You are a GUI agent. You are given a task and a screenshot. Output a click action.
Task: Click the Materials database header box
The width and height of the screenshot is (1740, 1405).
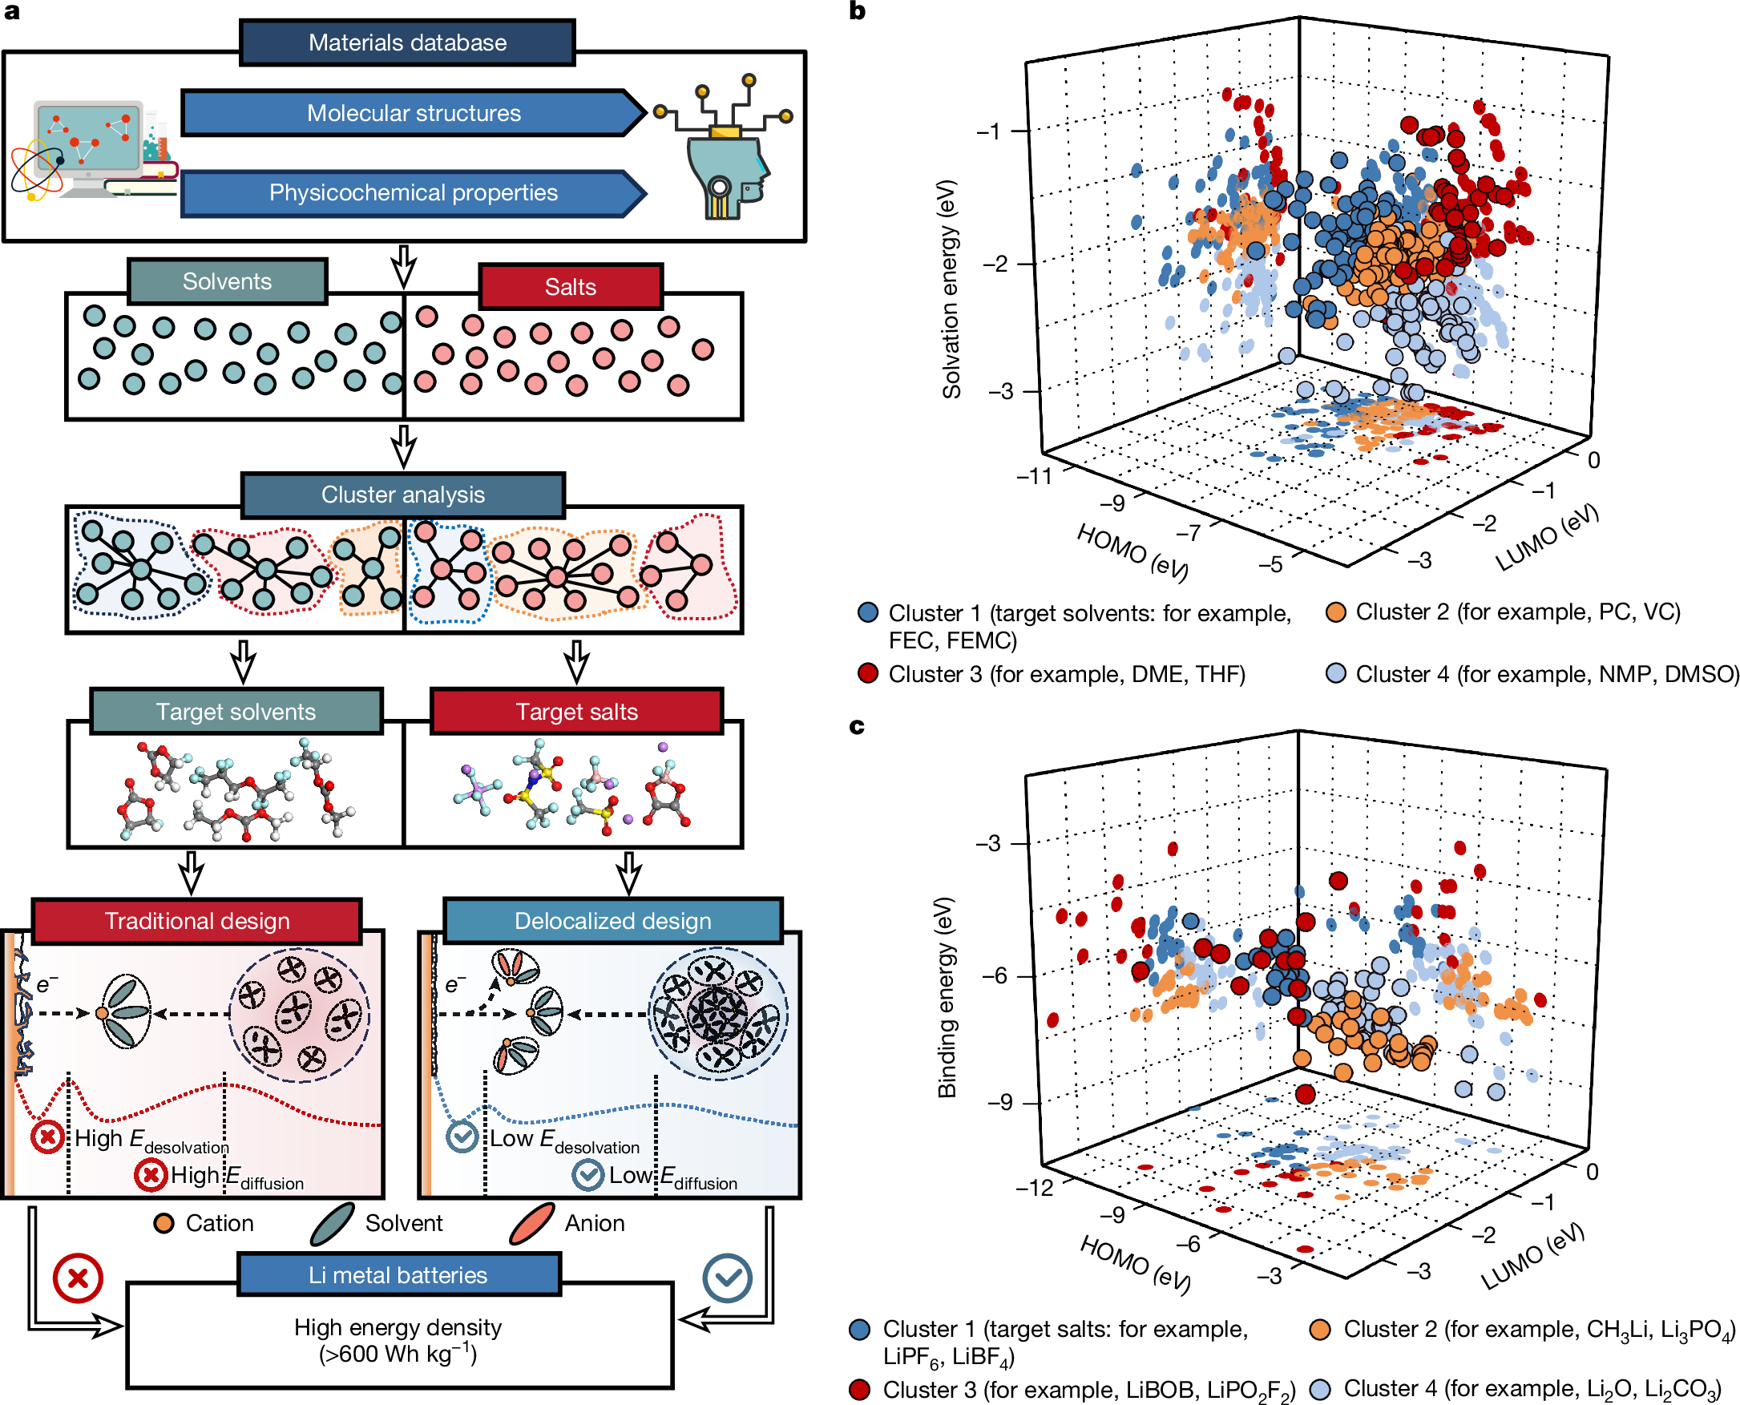(407, 43)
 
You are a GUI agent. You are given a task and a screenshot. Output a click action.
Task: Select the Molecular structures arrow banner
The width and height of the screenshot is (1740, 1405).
(413, 112)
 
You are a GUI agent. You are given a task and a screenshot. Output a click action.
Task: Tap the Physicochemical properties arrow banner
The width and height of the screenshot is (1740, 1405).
(413, 192)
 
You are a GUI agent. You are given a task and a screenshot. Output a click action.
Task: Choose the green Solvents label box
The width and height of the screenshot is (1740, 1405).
(227, 281)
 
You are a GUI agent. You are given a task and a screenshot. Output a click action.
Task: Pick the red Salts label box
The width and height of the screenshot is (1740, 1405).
(571, 286)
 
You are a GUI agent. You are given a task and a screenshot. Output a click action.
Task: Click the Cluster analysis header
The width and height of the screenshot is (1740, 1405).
(402, 495)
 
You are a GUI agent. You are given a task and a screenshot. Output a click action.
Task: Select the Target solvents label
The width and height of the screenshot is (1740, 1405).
(236, 712)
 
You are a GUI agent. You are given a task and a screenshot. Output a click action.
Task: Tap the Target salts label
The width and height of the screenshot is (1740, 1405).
(576, 712)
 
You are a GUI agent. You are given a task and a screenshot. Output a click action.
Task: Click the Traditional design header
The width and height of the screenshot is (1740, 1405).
(196, 921)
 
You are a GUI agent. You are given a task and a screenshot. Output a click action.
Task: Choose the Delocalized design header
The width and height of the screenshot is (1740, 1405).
(612, 921)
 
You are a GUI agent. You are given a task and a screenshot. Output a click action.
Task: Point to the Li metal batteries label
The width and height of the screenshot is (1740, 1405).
(398, 1274)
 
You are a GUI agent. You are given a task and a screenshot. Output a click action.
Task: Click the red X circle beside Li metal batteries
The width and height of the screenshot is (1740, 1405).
(78, 1278)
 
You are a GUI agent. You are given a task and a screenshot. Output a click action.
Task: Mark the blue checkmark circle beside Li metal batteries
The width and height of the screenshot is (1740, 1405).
(727, 1278)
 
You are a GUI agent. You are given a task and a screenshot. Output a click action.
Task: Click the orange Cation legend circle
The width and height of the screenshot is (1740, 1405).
(164, 1223)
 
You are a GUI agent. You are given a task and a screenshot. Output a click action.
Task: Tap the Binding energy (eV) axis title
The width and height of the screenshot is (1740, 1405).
(946, 997)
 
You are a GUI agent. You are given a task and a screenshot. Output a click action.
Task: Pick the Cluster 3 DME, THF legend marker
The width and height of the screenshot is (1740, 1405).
(868, 673)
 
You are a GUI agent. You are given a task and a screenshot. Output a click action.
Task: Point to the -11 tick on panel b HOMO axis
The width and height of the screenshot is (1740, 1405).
(1034, 476)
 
